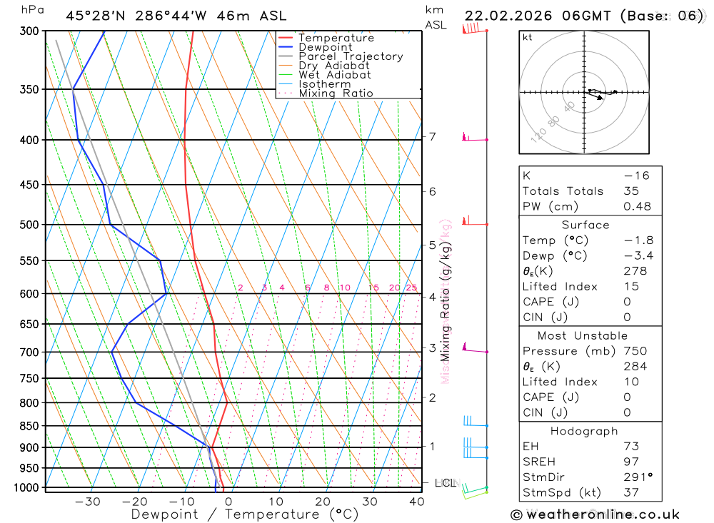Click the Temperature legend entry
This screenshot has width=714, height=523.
tap(336, 38)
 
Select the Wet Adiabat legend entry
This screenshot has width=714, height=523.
tap(335, 75)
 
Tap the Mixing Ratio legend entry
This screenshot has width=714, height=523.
tap(336, 93)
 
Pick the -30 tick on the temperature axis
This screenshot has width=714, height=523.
tap(88, 502)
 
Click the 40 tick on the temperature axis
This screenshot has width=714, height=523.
tap(416, 502)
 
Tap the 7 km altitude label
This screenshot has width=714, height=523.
tap(433, 136)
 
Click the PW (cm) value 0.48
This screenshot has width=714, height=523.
tap(637, 206)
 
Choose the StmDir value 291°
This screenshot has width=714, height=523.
tap(638, 477)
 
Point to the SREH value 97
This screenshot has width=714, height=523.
tap(631, 462)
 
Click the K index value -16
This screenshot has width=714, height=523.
tap(636, 175)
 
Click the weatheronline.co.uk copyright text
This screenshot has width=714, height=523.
tap(595, 514)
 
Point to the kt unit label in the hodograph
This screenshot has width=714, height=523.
tap(528, 37)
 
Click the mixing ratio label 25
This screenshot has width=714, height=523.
tap(411, 288)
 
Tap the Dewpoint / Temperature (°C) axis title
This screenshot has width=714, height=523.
tap(245, 514)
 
